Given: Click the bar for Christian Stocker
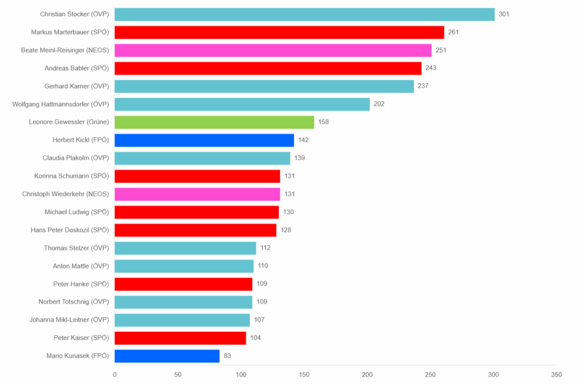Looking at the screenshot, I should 304,14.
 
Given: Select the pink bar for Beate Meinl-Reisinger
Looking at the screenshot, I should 273,50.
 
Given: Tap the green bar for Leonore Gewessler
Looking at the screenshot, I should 214,122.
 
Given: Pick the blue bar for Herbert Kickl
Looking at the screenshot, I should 204,140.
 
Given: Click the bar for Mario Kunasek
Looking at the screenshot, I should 167,356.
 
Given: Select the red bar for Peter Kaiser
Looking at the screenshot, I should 180,338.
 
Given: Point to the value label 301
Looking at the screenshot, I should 504,14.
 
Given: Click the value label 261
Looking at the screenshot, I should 453,32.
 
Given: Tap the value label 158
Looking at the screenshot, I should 323,122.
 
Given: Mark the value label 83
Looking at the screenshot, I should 227,356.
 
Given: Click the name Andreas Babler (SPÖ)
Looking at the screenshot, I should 77,68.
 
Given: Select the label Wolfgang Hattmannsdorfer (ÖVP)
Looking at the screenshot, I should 60,104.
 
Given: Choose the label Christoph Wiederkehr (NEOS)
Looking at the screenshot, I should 65,194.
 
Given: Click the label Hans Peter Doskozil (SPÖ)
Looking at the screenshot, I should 70,230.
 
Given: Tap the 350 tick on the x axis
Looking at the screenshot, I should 557,375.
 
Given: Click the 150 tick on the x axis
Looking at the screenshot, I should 304,375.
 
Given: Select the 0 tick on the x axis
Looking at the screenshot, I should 115,375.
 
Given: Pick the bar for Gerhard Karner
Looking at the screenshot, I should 264,86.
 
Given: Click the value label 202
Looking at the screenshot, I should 379,104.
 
